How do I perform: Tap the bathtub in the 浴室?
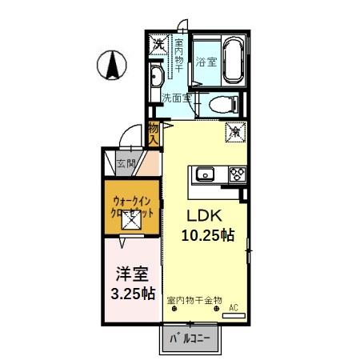coord(234,60)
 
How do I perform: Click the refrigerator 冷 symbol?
coord(237,131)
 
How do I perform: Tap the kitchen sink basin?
coord(203,174)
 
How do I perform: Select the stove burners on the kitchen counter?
coord(237,174)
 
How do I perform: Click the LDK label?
coord(205,216)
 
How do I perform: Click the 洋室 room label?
coord(126,273)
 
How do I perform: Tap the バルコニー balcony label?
coord(190,338)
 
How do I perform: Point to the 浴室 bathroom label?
coord(207,61)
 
